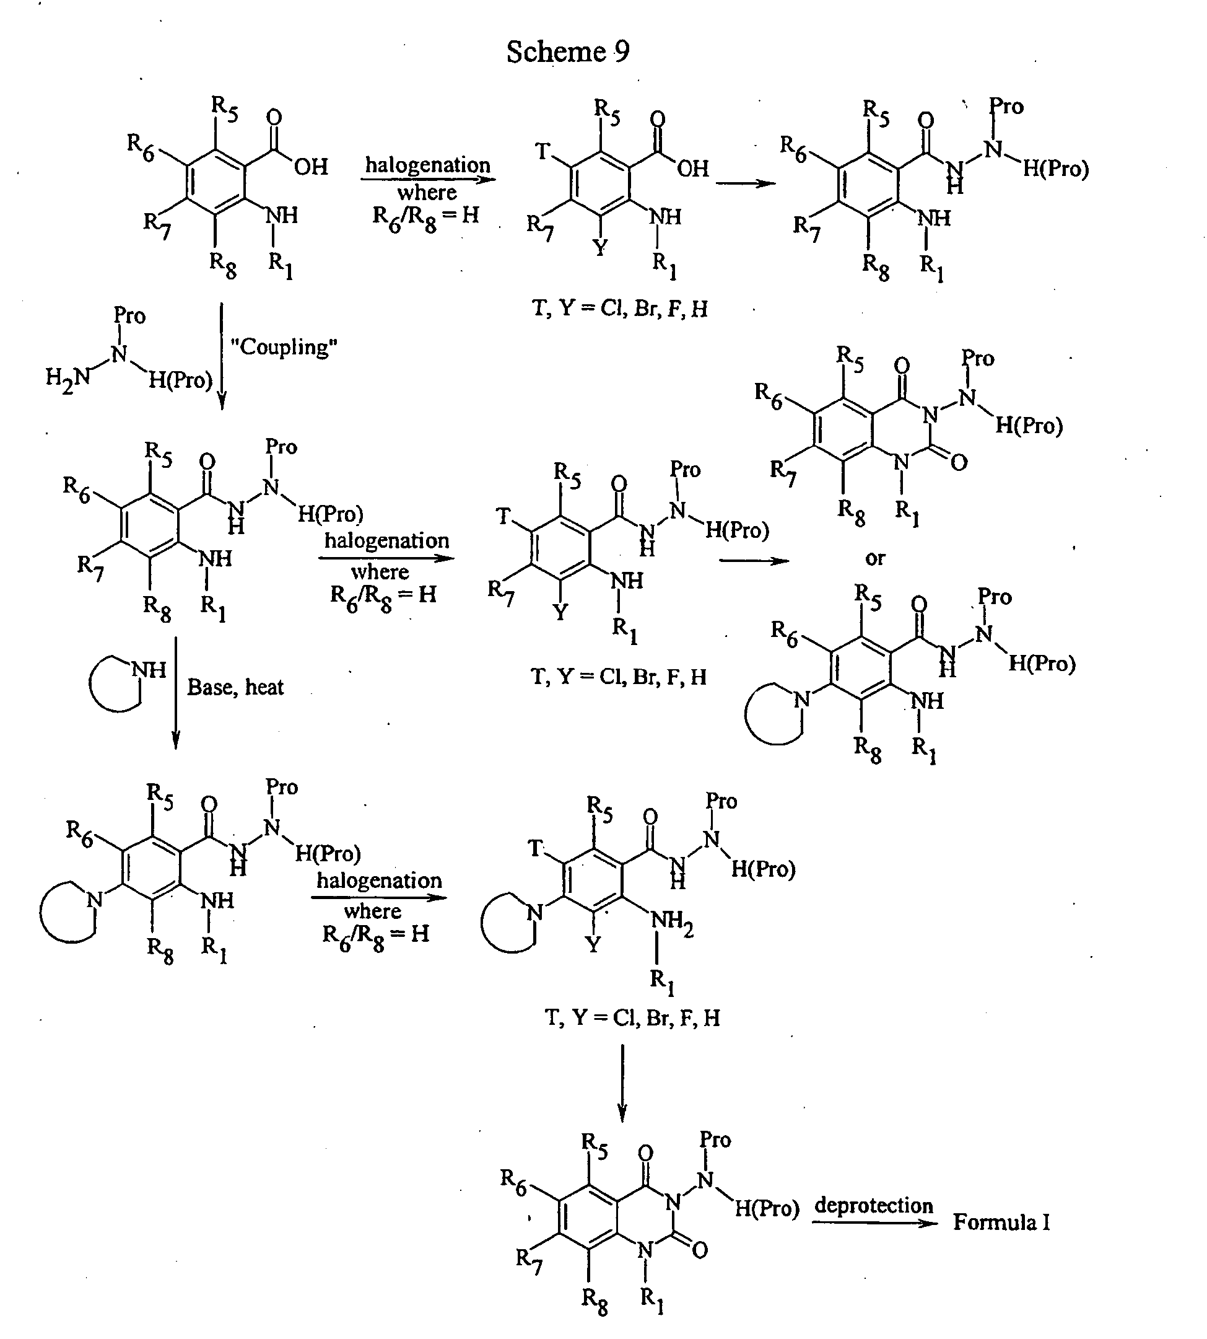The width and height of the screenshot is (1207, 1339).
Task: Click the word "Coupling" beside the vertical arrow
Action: coord(284,347)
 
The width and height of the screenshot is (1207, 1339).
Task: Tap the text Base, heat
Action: coord(235,687)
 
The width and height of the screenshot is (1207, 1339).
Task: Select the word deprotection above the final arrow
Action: coord(873,1206)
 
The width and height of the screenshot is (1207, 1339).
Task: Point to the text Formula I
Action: coord(1001,1223)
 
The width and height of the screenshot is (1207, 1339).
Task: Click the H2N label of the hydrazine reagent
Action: coord(68,378)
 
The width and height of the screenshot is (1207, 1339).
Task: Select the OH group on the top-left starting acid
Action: coord(311,166)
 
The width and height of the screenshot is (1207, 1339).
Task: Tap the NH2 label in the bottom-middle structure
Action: coord(672,921)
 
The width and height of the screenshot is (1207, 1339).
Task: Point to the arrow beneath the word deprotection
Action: coord(874,1223)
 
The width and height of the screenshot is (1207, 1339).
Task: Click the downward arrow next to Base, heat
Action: coord(176,693)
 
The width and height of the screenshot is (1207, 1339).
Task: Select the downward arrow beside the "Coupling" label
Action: coord(222,356)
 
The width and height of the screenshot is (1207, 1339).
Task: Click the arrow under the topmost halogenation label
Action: coord(429,179)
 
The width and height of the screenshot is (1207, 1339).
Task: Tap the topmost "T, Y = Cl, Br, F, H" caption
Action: coord(620,309)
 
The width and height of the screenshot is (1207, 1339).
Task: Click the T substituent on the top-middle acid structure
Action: coord(543,152)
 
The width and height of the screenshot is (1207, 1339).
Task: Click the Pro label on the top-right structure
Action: coord(1006,106)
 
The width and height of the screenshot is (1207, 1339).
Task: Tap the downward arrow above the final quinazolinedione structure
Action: coord(622,1083)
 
